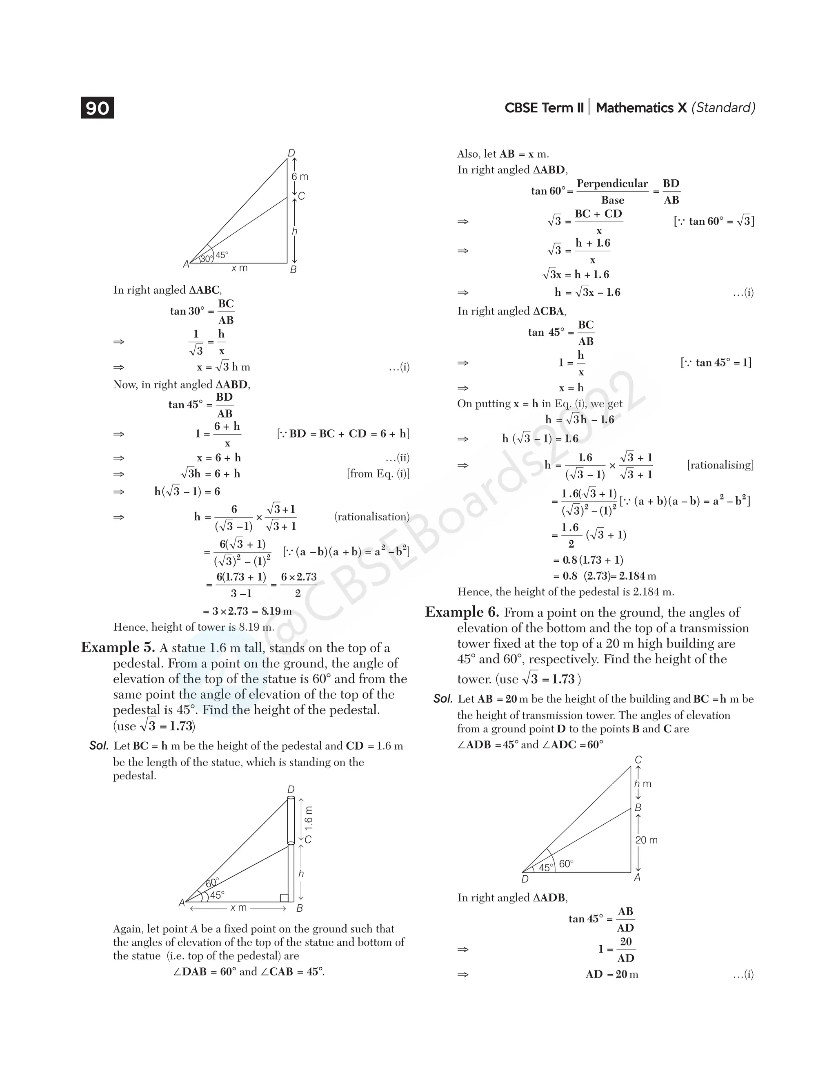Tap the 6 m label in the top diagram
(300, 176)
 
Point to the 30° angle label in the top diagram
(207, 259)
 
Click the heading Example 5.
(118, 647)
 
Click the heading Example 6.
(462, 612)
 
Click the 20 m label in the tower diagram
(646, 840)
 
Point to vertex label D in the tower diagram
(525, 879)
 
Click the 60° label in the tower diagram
(566, 864)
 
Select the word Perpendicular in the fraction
(612, 184)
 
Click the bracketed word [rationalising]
(720, 465)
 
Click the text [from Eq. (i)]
(378, 473)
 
